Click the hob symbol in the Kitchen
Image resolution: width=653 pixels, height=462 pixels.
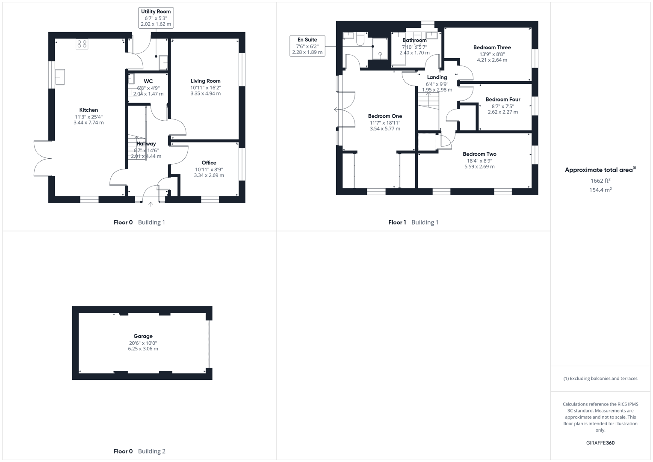(x=82, y=44)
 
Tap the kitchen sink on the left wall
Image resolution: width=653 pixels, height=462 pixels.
(x=59, y=77)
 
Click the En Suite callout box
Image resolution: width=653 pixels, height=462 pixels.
(x=307, y=46)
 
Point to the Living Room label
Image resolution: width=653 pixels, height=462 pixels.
(x=205, y=81)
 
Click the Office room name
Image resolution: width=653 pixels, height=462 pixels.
(x=209, y=163)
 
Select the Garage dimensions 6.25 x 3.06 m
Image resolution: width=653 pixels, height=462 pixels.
(x=143, y=349)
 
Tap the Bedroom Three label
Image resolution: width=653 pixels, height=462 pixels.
(x=492, y=47)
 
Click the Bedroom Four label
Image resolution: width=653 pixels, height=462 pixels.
(x=502, y=99)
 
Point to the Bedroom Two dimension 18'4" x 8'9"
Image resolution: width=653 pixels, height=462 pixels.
(x=479, y=161)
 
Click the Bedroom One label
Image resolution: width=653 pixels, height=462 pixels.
(x=385, y=116)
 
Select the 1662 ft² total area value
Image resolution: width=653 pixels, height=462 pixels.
(x=600, y=181)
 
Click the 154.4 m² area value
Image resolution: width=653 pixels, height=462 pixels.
(x=600, y=190)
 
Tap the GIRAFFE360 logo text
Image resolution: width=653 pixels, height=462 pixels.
(x=600, y=443)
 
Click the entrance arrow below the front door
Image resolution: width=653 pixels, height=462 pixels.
(x=151, y=204)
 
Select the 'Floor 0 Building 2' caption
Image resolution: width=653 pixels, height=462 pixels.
(x=139, y=451)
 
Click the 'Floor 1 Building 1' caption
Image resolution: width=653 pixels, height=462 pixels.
(x=413, y=222)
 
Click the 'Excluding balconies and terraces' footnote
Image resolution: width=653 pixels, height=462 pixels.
(x=600, y=378)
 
